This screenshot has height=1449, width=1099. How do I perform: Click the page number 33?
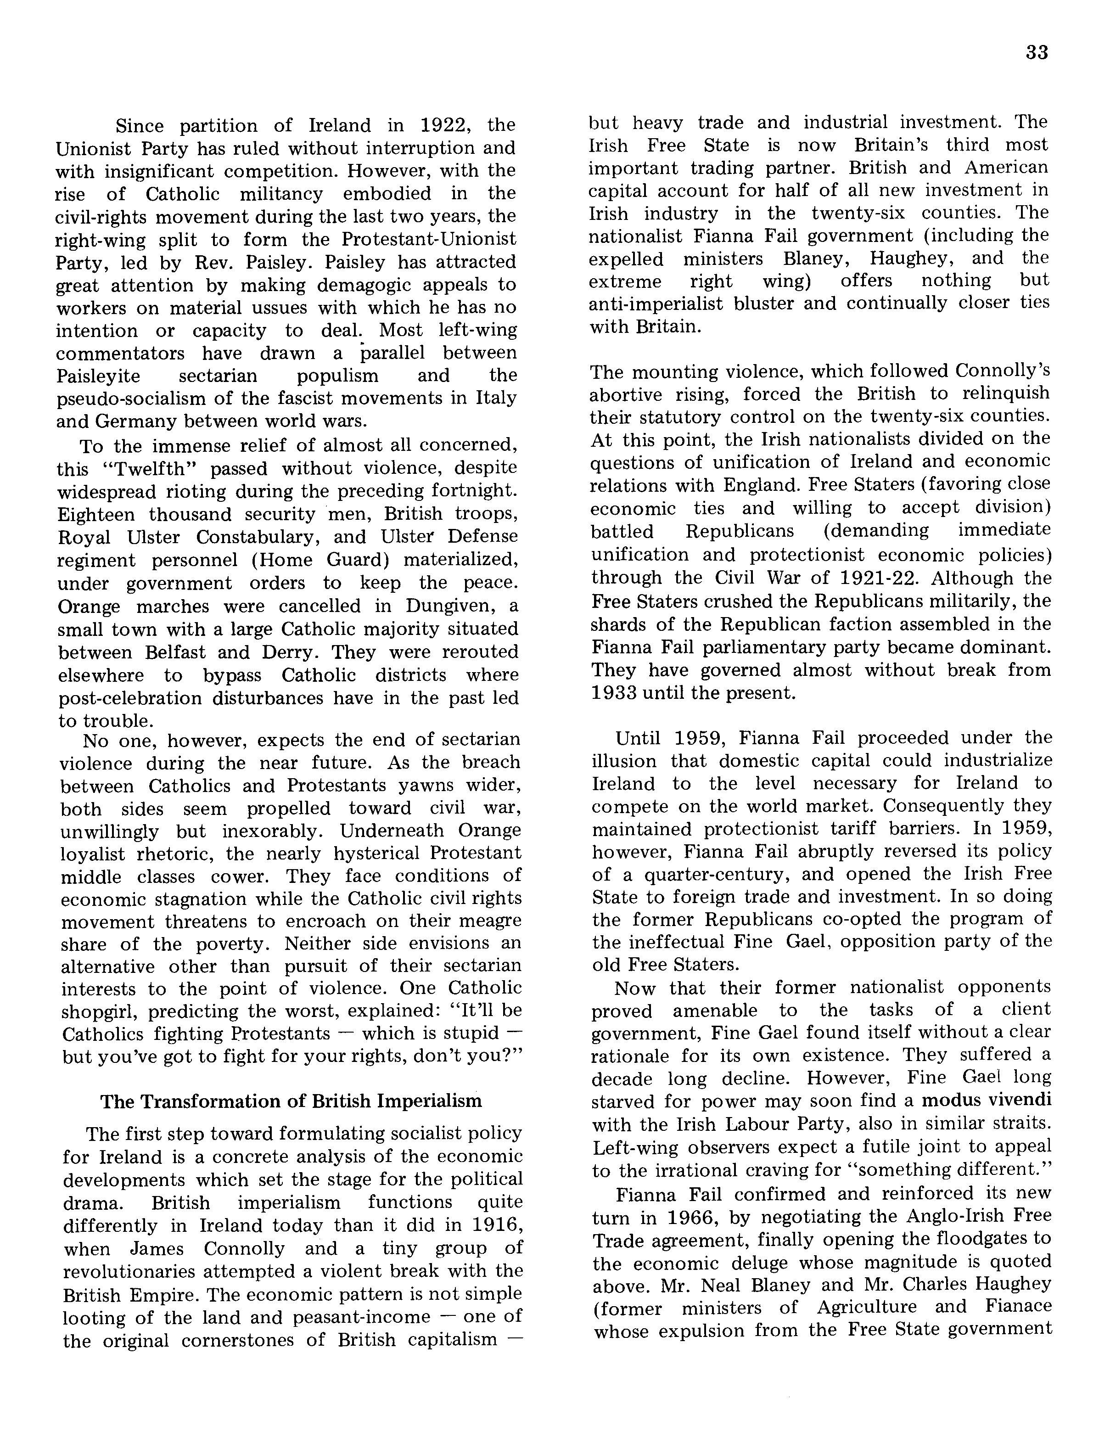(x=1037, y=52)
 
